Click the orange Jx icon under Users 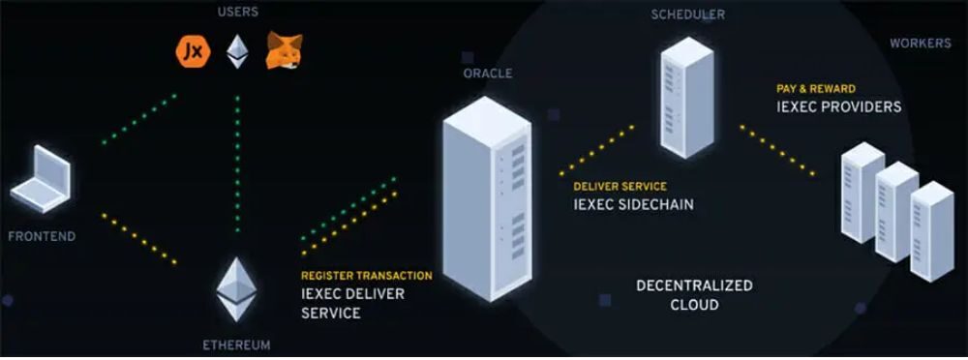pos(192,50)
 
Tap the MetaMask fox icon pos(283,50)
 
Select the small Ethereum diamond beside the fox pos(236,50)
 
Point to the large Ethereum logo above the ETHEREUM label pos(235,288)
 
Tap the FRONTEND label pos(42,236)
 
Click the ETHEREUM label pos(236,345)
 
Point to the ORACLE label pos(489,73)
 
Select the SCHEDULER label pos(688,15)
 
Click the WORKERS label pos(920,44)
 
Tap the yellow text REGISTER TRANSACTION pos(367,276)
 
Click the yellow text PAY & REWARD pos(815,88)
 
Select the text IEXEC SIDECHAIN pos(633,204)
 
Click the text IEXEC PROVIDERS pos(838,106)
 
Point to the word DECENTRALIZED pos(694,286)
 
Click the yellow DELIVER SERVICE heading pos(620,186)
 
